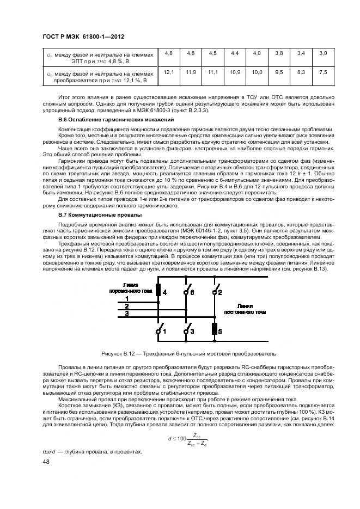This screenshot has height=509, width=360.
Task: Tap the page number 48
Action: (x=46, y=462)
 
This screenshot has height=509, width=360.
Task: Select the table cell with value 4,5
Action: (x=212, y=53)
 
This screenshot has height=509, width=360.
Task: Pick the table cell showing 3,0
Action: (x=322, y=53)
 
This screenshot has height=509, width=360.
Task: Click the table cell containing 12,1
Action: (x=168, y=72)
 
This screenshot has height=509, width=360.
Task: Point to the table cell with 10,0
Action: (x=257, y=72)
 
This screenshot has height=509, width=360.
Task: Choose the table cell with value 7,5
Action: (x=322, y=72)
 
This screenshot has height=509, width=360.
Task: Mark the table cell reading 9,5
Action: (x=279, y=72)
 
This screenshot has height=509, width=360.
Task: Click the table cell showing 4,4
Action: (x=235, y=53)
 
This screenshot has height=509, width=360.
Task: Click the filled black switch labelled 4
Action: (x=158, y=290)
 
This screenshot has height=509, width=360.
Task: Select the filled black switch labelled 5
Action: (x=213, y=329)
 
